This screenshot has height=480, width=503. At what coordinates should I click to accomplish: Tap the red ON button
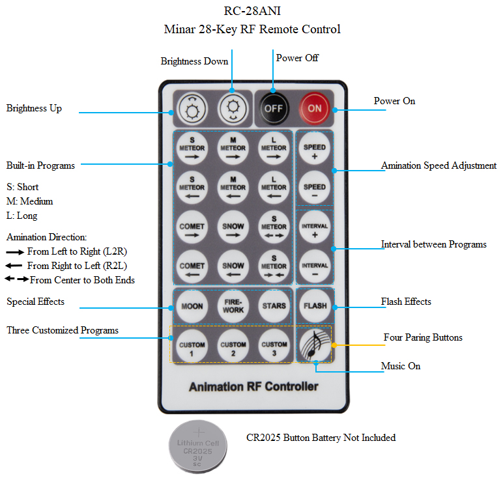click(315, 108)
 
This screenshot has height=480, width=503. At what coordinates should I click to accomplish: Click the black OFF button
click(274, 108)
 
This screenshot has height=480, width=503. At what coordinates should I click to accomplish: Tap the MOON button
click(192, 305)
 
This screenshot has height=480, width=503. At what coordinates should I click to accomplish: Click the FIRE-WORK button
click(233, 305)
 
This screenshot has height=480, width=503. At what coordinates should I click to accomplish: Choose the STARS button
click(274, 305)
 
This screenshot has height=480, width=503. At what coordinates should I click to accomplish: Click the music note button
click(315, 345)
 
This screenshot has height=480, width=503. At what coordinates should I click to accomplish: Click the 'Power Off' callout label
click(297, 58)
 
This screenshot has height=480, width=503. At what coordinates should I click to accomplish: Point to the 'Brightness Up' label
click(34, 108)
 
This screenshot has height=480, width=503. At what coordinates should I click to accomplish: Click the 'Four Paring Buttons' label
click(423, 337)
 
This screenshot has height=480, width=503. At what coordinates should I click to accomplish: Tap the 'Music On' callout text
click(401, 366)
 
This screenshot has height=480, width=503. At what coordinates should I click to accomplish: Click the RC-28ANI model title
click(252, 10)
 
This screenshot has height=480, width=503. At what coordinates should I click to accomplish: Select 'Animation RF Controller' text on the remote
click(253, 387)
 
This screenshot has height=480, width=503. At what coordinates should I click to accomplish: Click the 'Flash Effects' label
click(406, 302)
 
